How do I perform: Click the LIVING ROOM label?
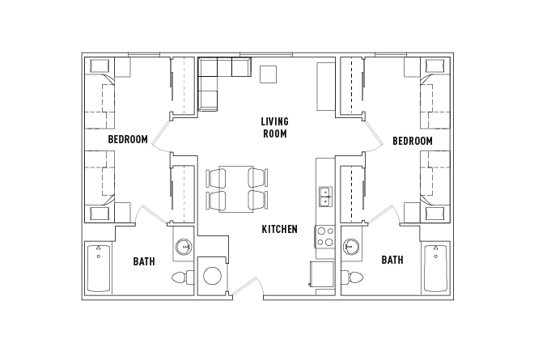pos(275,128)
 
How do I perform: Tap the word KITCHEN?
pos(280,229)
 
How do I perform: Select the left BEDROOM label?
pos(128,139)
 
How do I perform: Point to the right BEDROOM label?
pos(413,141)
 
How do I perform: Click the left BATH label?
pos(144,261)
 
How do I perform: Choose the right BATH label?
pos(392,260)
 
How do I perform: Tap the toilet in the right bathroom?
pos(353,277)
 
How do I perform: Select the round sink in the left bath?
pos(184,246)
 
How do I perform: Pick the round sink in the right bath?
pos(351,246)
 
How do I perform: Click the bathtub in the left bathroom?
pos(99,269)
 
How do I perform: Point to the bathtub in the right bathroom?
pos(435,268)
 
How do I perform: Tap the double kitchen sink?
pos(325,197)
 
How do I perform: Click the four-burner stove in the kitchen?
pos(325,236)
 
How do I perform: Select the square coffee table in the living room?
pos(268,74)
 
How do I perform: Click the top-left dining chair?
pos(216,177)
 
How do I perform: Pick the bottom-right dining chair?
pos(258,201)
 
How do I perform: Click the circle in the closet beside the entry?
pos(213,276)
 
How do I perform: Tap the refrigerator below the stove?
pos(321,274)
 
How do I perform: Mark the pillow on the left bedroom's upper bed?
pos(100,66)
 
